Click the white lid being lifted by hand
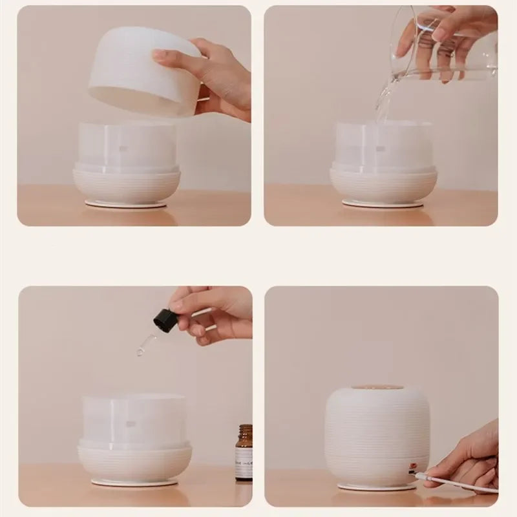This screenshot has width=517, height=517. (142, 71)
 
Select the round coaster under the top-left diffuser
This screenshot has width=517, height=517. (126, 204)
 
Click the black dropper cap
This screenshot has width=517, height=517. (165, 321)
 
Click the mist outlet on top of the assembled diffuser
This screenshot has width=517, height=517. (377, 388)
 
